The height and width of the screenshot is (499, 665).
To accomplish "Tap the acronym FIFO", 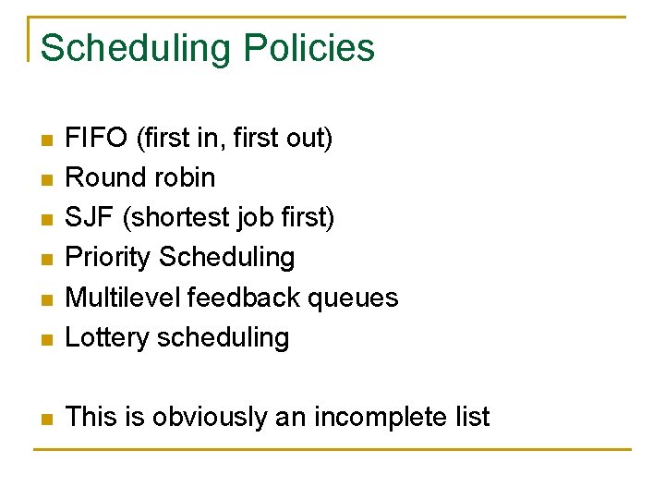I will [x=97, y=139].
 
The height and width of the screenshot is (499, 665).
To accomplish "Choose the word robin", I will [x=186, y=177].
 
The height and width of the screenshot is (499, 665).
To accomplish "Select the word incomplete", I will [x=381, y=418].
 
